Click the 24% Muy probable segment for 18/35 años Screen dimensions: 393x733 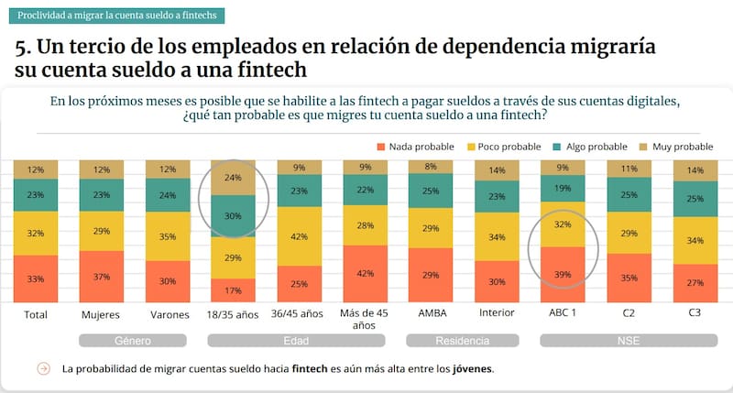[233, 178]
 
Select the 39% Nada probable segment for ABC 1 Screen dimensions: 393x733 [563, 274]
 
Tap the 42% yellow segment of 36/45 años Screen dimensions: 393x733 [299, 236]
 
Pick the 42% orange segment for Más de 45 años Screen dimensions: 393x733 [366, 273]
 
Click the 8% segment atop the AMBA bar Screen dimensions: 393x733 [432, 167]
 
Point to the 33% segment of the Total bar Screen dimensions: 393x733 [36, 278]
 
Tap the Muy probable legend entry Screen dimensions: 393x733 [680, 147]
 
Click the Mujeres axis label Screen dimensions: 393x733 [102, 313]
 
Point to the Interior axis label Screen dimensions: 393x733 [497, 313]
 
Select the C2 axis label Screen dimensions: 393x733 [628, 313]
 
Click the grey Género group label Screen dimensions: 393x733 [135, 341]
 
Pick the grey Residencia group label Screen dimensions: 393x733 [464, 341]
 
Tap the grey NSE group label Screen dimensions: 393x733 [628, 341]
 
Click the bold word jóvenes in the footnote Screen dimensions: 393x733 [472, 369]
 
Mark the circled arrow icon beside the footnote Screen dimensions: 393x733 [42, 369]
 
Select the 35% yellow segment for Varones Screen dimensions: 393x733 [168, 236]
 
